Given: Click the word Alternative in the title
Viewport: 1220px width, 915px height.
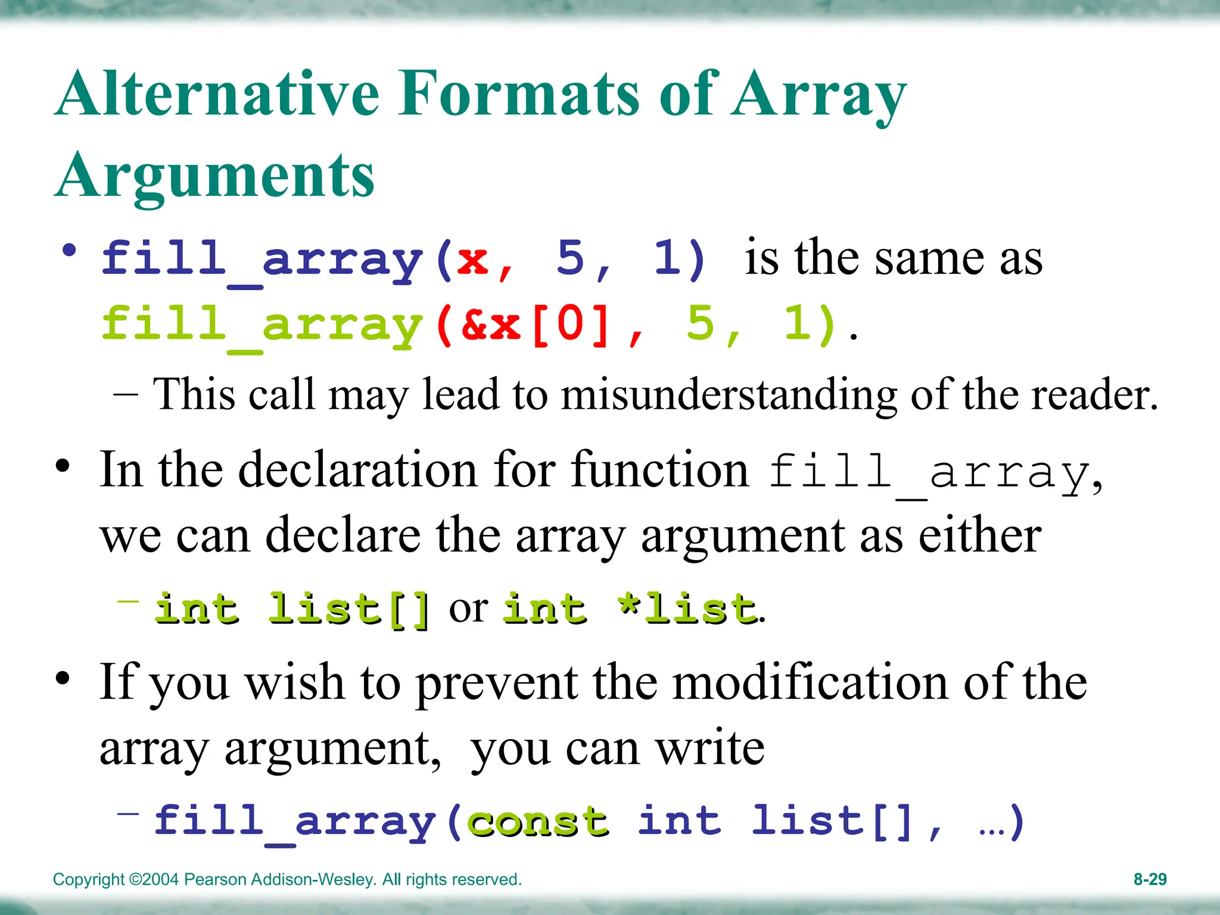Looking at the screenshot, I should coord(217,94).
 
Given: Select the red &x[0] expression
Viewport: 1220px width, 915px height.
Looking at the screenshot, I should coord(536,325).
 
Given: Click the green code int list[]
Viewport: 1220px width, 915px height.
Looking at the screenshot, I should coord(292,609).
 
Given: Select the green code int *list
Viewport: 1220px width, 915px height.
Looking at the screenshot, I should coord(630,609).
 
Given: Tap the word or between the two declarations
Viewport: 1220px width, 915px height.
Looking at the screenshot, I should coord(468,609).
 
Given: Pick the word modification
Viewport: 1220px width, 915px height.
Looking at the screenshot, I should coord(810,683).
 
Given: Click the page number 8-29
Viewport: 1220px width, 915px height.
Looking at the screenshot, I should coord(1150,879).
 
